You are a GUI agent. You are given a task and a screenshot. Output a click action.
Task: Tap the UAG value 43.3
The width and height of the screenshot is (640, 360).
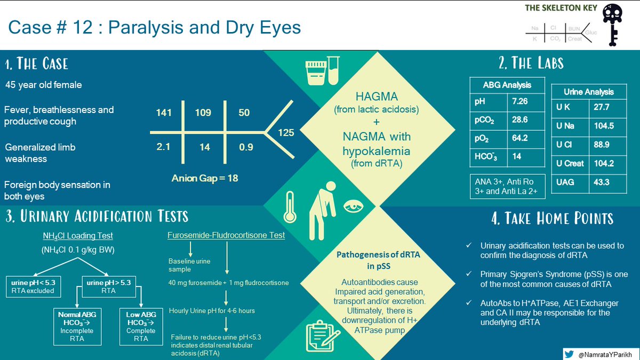(x=603, y=182)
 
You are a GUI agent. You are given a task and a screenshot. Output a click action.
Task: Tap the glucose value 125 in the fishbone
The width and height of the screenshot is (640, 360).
(x=286, y=133)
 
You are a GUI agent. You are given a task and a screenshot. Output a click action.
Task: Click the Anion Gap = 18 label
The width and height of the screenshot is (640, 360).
(x=204, y=178)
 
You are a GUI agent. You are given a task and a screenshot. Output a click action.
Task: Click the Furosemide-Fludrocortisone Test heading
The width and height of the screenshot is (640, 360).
(x=226, y=235)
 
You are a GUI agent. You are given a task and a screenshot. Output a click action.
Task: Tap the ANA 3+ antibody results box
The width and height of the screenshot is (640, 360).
(x=507, y=186)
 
